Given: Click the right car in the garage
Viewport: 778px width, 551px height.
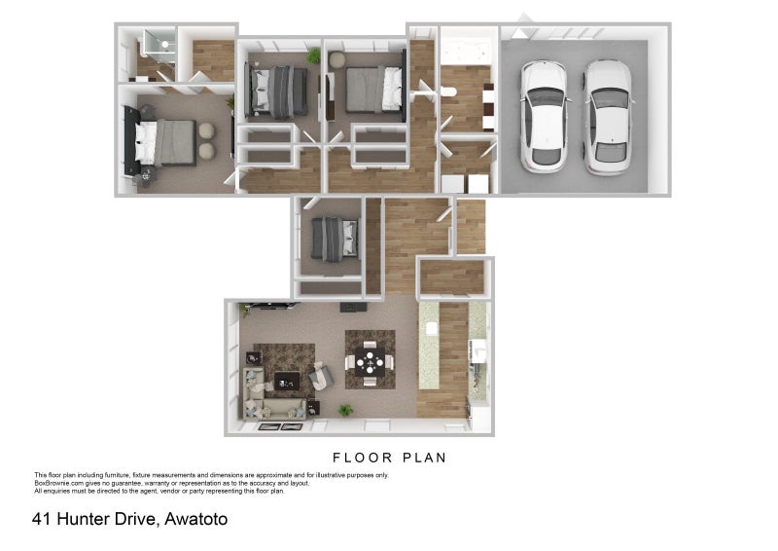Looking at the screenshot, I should tap(608, 115).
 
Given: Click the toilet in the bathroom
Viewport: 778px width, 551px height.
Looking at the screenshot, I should tap(449, 92).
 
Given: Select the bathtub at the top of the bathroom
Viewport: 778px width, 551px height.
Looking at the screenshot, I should tap(468, 47).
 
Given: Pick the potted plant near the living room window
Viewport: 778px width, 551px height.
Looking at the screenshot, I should tap(344, 411).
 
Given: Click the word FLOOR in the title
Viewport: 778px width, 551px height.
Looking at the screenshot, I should tap(362, 457).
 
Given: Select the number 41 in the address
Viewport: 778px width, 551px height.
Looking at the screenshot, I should tap(42, 519).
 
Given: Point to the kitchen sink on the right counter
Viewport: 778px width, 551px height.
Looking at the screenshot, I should tap(477, 351).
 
